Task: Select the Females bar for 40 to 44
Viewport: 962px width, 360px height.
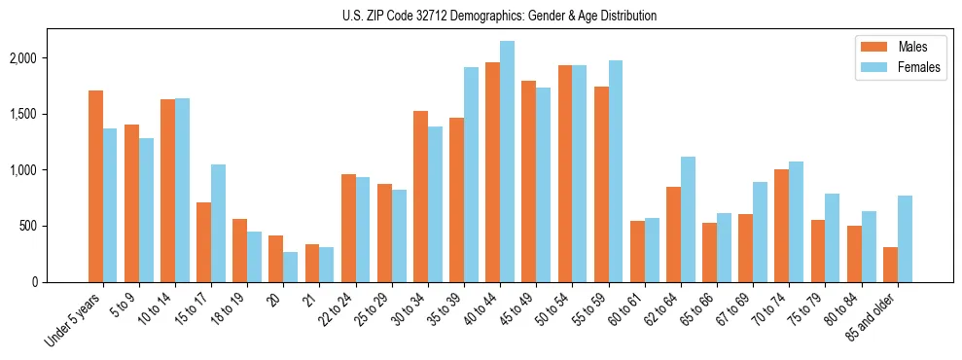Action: (x=507, y=162)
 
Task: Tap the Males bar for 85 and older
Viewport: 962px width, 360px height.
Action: (x=890, y=265)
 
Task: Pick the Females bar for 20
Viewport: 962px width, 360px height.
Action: (x=291, y=267)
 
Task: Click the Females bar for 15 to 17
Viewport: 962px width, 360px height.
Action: (x=219, y=223)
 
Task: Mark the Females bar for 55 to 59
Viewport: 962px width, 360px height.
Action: (x=615, y=171)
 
